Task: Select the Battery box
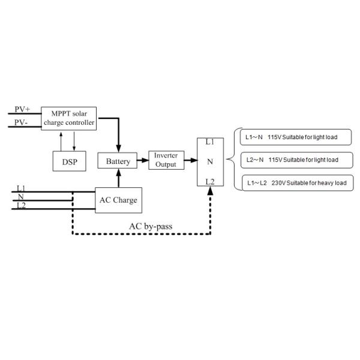coord(118,161)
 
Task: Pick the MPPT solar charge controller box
coord(68,118)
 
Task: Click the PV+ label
coord(23,109)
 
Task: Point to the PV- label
coord(22,122)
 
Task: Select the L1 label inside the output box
coord(209,142)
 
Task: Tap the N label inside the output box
coord(209,161)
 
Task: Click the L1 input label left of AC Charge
coord(21,188)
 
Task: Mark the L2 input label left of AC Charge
coord(21,206)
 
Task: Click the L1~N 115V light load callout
coord(292,137)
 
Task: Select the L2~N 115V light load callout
coord(292,160)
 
